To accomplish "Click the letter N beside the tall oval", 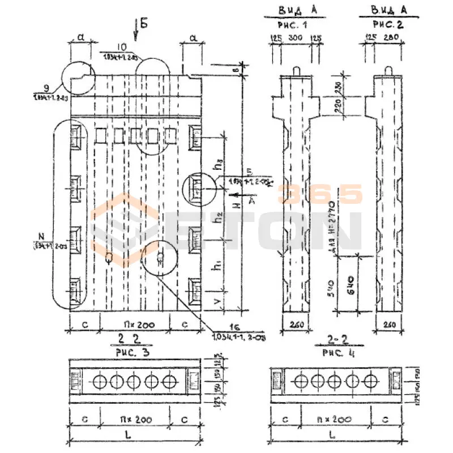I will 40,236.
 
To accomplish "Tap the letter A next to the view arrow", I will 251,200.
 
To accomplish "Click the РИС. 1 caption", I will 297,25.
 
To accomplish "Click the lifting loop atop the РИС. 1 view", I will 298,69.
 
